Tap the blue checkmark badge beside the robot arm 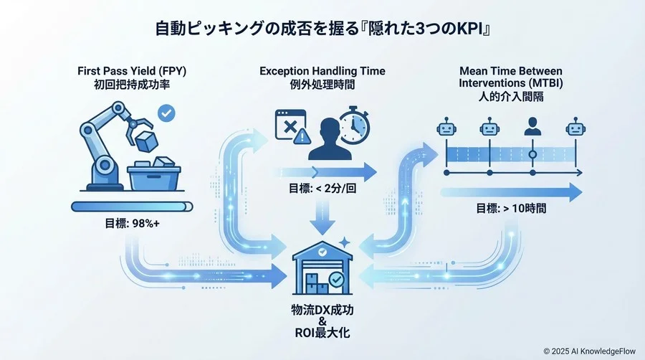click(167, 113)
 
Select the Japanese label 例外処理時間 click(322, 85)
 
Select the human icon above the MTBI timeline click(532, 128)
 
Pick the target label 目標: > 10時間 click(511, 209)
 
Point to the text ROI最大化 click(322, 333)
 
